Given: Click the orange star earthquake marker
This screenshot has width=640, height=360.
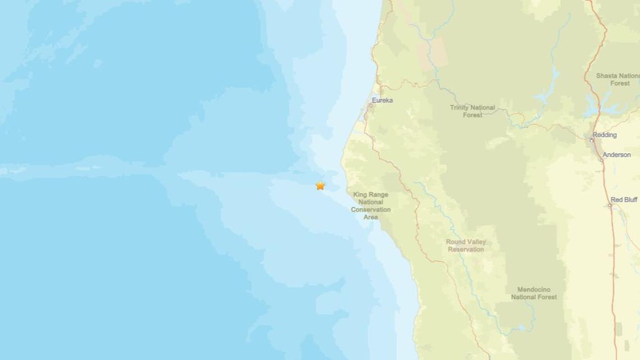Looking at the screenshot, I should click(x=320, y=185).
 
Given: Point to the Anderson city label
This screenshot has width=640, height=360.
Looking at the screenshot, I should click(x=617, y=154).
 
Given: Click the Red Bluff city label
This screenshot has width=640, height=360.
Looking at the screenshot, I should click(x=624, y=199).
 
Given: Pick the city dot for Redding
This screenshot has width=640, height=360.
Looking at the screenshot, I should click(x=593, y=136).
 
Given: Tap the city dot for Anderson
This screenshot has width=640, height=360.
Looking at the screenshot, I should click(x=601, y=160).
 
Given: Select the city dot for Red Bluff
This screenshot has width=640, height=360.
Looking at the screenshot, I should click(x=610, y=205).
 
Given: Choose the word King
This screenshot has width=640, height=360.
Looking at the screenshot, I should click(x=360, y=195).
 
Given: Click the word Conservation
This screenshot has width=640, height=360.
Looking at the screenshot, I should click(x=371, y=209).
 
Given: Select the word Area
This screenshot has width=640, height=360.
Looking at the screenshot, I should click(x=371, y=216).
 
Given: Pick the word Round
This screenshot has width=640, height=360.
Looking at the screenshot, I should click(x=455, y=242).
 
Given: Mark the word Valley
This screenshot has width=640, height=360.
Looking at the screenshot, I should click(x=476, y=242).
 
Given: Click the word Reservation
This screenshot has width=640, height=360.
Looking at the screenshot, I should click(x=466, y=249).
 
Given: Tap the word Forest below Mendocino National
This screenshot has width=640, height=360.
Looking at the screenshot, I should click(x=546, y=297).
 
